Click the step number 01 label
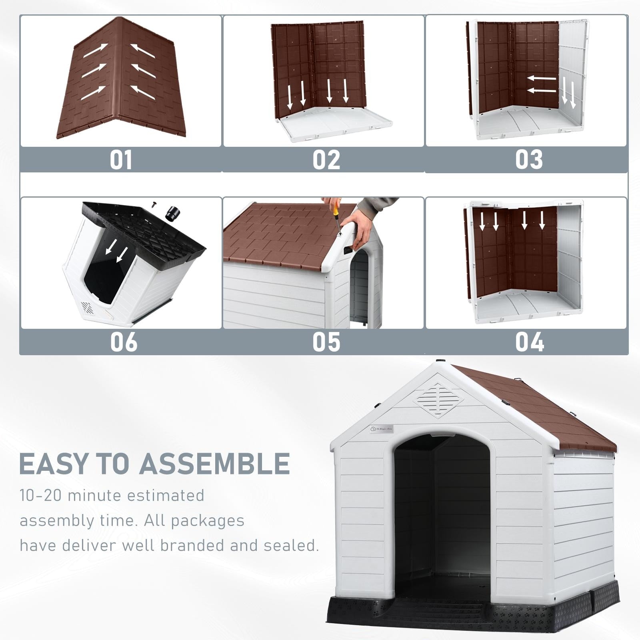coord(121,160)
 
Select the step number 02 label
coord(326,160)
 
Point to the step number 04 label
coord(529,342)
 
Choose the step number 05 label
coord(326,342)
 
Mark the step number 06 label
coord(124,342)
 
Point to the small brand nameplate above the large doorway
coord(382,429)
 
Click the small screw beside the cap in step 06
coord(154,204)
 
